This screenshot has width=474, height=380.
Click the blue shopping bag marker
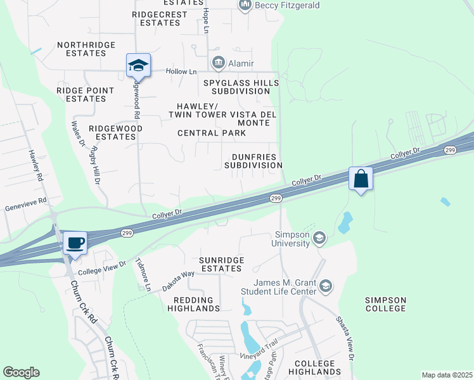pyautogui.click(x=361, y=179)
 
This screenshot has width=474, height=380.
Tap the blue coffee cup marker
pyautogui.click(x=75, y=243)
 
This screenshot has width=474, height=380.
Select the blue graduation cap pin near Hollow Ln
pyautogui.click(x=138, y=65)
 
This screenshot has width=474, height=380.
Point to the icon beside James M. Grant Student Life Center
pyautogui.click(x=326, y=287)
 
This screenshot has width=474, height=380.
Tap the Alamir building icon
pyautogui.click(x=219, y=63)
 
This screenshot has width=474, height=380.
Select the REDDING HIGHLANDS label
pyautogui.click(x=193, y=303)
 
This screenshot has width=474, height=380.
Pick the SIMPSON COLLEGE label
pyautogui.click(x=385, y=303)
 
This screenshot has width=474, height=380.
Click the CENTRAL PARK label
pyautogui.click(x=211, y=133)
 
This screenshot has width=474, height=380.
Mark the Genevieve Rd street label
pyautogui.click(x=26, y=201)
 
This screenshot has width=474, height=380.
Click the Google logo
pyautogui.click(x=22, y=372)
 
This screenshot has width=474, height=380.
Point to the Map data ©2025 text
pyautogui.click(x=447, y=375)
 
